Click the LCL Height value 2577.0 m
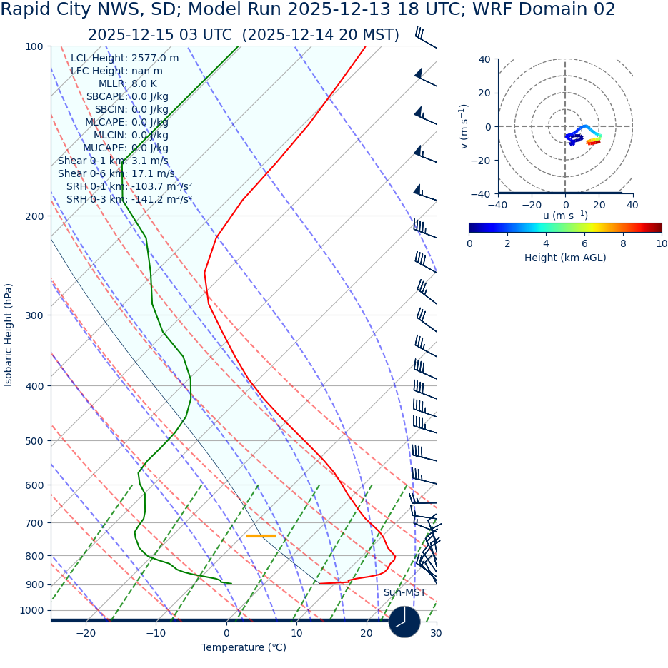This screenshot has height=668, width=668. coord(155,58)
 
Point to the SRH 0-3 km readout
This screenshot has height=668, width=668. coord(129,199)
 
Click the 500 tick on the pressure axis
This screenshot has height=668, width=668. coord(34,441)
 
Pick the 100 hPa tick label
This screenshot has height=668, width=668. coord(34,46)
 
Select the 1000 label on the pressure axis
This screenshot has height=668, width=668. coord(31,611)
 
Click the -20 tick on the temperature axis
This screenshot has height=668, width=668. coord(86,633)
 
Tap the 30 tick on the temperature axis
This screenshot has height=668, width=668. coord(436,633)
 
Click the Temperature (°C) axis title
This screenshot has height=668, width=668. coord(244,647)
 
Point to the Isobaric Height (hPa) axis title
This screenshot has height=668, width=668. coord(9,335)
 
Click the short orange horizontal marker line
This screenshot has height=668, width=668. coord(260,535)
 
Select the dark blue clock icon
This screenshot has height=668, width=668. coord(404,622)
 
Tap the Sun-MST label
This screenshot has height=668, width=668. coord(404,592)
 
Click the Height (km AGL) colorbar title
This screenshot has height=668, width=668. coord(565,258)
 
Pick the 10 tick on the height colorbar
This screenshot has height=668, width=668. coord(662,243)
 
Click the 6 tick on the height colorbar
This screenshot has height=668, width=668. coord(584,243)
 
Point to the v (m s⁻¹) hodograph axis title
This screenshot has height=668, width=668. coord(464,126)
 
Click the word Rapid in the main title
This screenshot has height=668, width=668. coord(26,10)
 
